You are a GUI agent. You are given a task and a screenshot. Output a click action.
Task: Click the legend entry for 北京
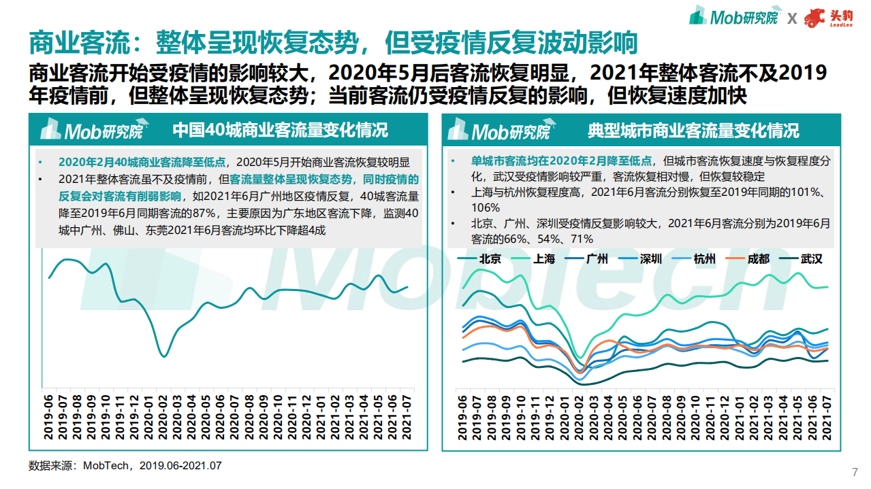coord(490,258)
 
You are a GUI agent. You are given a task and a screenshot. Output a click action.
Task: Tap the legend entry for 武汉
coord(811,258)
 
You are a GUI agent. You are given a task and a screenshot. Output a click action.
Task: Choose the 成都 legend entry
coord(758,258)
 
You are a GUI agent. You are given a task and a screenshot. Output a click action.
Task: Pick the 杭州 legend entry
coord(704,258)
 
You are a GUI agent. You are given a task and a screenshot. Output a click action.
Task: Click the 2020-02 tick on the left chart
coord(163,419)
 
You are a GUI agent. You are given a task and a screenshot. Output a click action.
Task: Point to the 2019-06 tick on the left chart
coord(49,419)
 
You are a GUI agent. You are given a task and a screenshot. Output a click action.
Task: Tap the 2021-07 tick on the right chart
coord(827,419)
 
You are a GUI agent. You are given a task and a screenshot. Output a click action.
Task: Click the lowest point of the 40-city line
coord(163,356)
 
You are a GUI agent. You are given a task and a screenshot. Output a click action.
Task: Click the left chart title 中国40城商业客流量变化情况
coord(280,130)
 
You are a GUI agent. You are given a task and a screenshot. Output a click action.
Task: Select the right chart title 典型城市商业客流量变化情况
coord(693,130)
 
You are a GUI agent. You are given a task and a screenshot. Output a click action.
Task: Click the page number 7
coord(855,473)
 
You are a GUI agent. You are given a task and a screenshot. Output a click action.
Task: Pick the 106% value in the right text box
coord(485,207)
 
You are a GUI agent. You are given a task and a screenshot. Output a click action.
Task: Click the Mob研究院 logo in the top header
coord(733,18)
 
